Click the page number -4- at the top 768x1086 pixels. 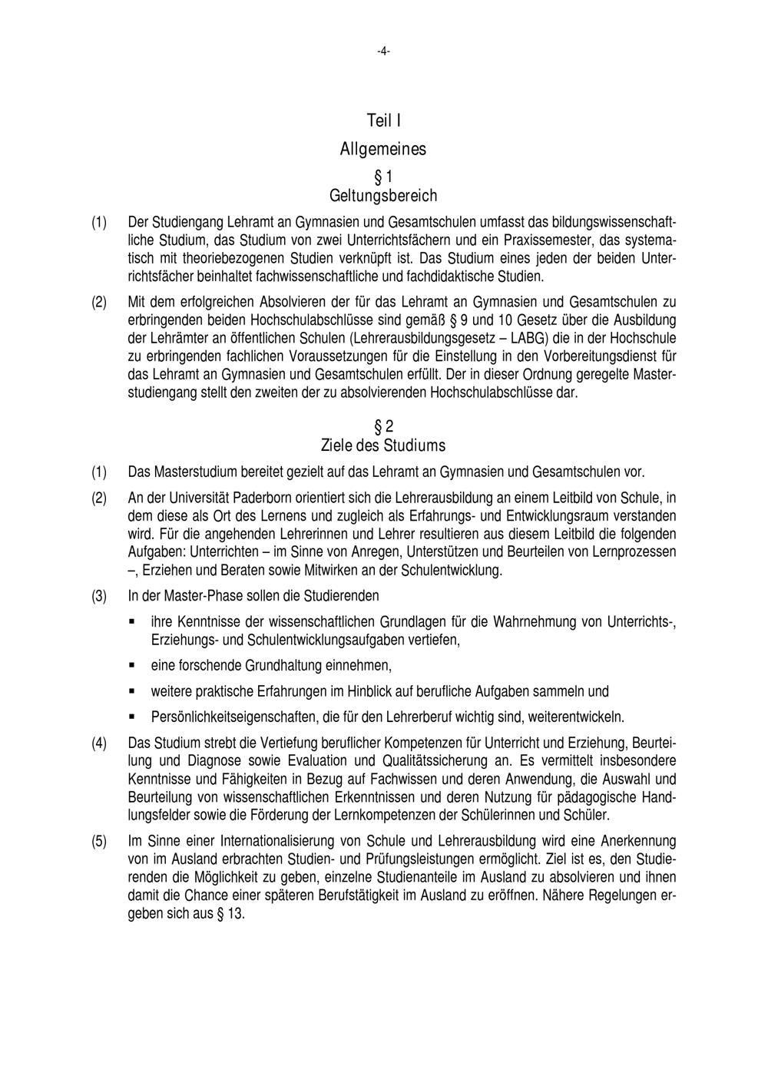pos(383,51)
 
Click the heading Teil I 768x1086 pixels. pos(383,121)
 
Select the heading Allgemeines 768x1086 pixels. pos(383,148)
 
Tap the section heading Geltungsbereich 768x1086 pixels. pos(383,195)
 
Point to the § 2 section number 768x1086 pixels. pos(383,426)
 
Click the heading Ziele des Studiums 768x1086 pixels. pos(383,445)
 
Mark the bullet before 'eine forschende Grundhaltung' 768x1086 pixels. pos(132,665)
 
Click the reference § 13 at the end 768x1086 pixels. pos(231,914)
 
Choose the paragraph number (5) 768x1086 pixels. pos(100,840)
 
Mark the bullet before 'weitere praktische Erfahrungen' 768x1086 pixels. pos(132,691)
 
